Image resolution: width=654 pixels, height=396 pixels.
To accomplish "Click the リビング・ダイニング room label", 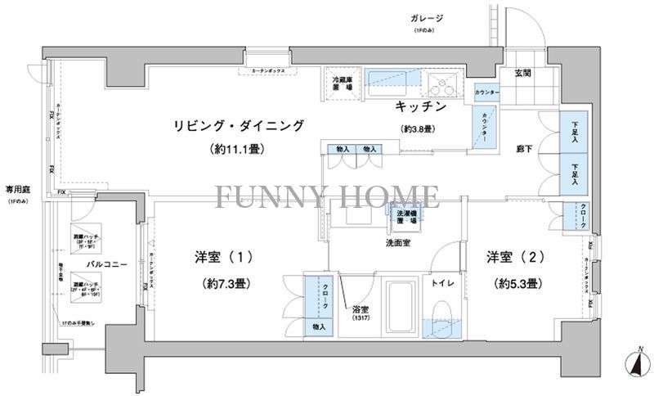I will point(238,125).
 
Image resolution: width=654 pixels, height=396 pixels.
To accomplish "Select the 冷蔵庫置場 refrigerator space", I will point(342,83).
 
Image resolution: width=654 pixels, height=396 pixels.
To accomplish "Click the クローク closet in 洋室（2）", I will point(578,215).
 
